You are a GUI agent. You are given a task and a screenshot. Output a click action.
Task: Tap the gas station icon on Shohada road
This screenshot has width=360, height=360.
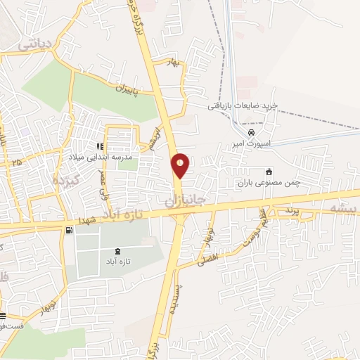tap(68, 230)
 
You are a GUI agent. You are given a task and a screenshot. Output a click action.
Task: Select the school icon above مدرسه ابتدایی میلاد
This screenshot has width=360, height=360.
tap(100, 147)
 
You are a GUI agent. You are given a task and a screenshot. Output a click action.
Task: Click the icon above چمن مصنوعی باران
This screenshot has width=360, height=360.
tap(269, 171)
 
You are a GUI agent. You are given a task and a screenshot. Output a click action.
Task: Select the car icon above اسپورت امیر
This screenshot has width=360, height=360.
tap(251, 131)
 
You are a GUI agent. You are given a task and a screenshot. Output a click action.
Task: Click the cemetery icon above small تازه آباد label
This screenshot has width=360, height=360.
tap(117, 252)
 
